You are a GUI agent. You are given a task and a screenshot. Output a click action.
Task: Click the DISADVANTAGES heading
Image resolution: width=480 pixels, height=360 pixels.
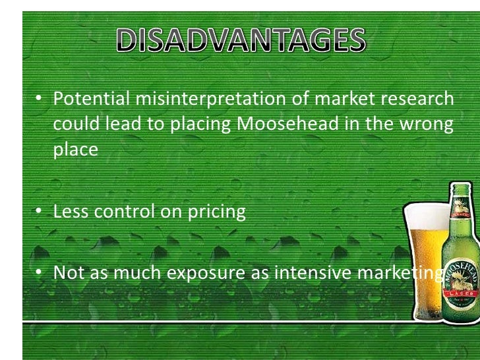pyautogui.click(x=240, y=42)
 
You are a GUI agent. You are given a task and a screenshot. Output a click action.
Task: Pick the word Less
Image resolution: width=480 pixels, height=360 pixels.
pyautogui.click(x=71, y=212)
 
